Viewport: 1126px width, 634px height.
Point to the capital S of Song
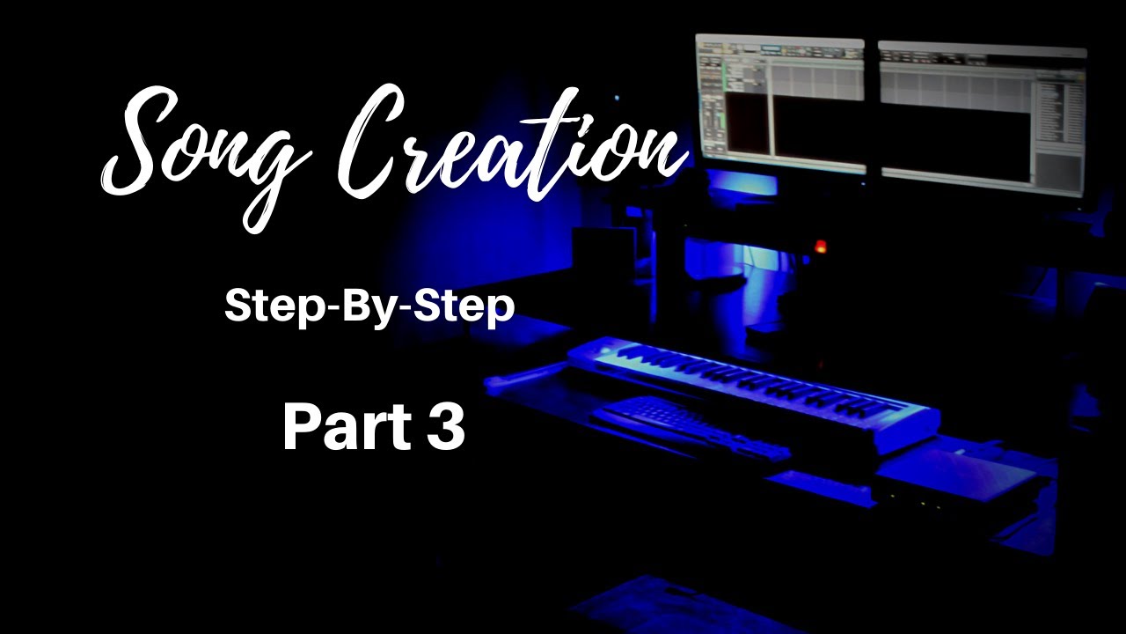[141, 141]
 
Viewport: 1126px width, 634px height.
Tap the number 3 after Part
[447, 429]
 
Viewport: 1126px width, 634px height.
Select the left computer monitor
[779, 101]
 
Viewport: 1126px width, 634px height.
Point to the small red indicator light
[821, 246]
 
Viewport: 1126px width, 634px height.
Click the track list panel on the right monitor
[1056, 114]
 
